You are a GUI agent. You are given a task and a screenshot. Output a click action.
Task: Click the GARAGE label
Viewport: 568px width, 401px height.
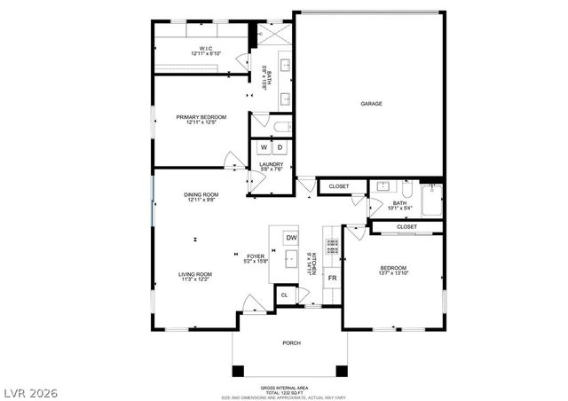pyautogui.click(x=371, y=104)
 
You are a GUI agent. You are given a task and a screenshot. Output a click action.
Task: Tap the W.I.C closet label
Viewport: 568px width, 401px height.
pyautogui.click(x=205, y=49)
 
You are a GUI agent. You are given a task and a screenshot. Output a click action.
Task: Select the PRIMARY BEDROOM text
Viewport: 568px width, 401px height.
pyautogui.click(x=201, y=117)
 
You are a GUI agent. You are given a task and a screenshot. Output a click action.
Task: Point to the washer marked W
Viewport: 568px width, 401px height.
pyautogui.click(x=264, y=147)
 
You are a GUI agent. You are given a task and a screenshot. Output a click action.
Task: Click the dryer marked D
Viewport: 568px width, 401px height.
pyautogui.click(x=280, y=147)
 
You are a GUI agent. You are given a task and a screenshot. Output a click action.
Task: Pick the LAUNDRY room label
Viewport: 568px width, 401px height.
pyautogui.click(x=271, y=164)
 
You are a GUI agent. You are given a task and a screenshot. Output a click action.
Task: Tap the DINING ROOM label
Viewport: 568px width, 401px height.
pyautogui.click(x=201, y=195)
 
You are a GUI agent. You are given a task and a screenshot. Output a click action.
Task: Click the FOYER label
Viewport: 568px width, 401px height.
pyautogui.click(x=256, y=256)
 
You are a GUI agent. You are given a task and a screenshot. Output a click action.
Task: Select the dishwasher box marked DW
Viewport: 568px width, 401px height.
pyautogui.click(x=290, y=238)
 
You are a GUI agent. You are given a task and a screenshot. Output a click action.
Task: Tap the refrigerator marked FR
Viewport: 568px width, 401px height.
pyautogui.click(x=332, y=279)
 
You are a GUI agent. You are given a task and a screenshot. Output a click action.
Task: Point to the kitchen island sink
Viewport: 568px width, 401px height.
pyautogui.click(x=290, y=262)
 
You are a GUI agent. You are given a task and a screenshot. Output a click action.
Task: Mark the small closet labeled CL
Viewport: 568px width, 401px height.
pyautogui.click(x=285, y=295)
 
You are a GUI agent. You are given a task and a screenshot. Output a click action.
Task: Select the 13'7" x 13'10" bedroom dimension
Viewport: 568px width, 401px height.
pyautogui.click(x=393, y=274)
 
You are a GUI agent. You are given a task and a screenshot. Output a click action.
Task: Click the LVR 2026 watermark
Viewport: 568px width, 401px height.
pyautogui.click(x=29, y=391)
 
